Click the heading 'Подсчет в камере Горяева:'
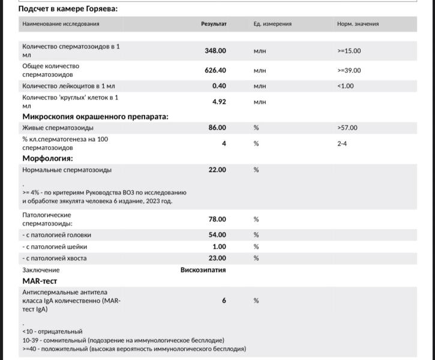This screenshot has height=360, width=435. point(68,9)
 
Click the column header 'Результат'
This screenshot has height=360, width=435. point(214,24)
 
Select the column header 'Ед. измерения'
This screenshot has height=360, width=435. point(272,24)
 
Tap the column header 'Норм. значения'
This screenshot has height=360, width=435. point(358,24)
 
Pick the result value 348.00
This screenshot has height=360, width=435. point(215,51)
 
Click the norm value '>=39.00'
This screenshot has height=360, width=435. point(349,70)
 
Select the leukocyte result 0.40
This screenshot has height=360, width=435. point(219,86)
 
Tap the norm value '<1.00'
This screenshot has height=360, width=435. point(346,86)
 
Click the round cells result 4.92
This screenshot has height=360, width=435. point(219,101)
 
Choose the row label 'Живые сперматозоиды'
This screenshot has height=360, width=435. point(58,128)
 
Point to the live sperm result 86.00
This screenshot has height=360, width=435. point(217,128)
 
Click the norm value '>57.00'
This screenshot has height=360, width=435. point(347,128)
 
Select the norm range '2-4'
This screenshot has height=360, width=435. point(342,143)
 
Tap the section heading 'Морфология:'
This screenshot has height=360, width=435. point(47,158)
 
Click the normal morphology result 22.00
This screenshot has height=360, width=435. point(217,170)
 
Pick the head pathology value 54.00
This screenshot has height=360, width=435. point(217,235)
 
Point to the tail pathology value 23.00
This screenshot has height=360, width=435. point(217,258)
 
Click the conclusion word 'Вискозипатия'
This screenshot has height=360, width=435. point(203,270)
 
